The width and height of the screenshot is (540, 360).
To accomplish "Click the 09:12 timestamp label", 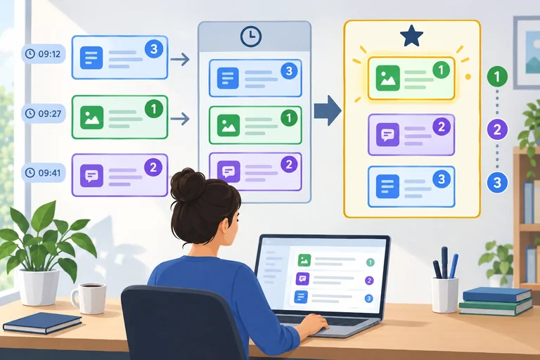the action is tap(44, 53).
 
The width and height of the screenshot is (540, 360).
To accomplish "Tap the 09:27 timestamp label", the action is tap(44, 113).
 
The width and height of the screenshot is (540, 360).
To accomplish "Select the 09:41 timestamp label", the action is tap(44, 172).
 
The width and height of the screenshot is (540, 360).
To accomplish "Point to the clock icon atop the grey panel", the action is tap(251, 37).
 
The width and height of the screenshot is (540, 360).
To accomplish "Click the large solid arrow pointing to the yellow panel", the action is tap(328, 110).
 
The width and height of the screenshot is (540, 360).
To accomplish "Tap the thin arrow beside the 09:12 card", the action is tap(180, 59).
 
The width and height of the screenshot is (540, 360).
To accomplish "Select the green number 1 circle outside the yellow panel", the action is tap(497, 77).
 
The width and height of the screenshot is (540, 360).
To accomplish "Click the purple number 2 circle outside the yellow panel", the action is tap(497, 129).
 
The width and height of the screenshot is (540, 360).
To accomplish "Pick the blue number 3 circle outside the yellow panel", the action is tap(497, 182).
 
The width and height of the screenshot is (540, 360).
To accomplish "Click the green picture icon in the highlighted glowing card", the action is tap(388, 78).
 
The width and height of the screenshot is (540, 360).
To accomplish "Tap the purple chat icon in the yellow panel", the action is tap(388, 135).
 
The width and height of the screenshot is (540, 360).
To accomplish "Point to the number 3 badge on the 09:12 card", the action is tap(154, 49).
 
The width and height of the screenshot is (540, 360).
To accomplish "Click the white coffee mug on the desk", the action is tap(89, 298).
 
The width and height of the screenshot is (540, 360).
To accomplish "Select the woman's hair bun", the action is tap(188, 184).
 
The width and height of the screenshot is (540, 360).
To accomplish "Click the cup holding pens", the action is tap(444, 295).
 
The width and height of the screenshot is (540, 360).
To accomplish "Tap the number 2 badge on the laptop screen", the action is tap(369, 281).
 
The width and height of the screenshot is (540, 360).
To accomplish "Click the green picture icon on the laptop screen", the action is tap(304, 260).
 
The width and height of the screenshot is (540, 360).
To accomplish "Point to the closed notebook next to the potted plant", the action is tap(42, 323).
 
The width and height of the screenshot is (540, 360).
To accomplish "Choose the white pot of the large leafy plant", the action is tap(38, 287).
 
